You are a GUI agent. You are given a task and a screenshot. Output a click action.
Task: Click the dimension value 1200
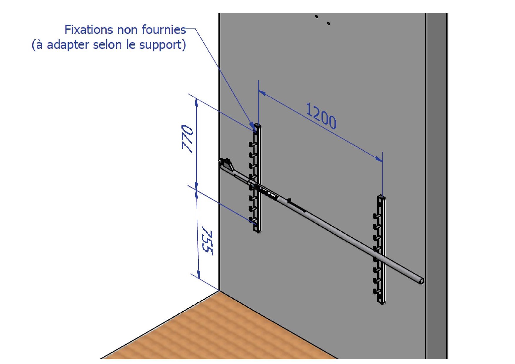pos(321,116)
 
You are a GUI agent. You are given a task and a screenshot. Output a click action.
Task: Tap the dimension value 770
pos(188,139)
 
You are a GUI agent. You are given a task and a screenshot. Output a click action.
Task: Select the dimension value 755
pos(208,242)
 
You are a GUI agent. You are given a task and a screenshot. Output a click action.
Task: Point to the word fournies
pos(164,29)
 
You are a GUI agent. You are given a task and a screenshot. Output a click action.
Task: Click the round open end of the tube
pos(421,281)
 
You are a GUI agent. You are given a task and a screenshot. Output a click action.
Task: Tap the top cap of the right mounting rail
pos(381,197)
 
